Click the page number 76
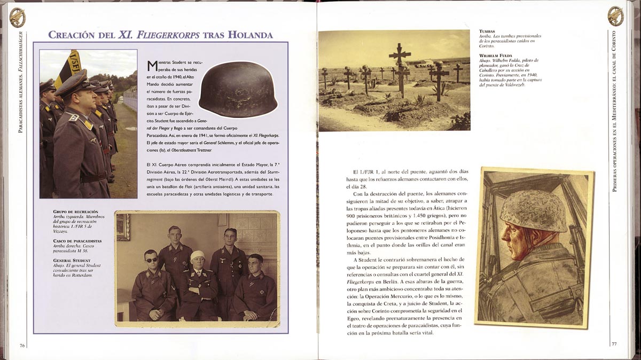22,345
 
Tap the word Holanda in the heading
251,35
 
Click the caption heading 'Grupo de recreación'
73,212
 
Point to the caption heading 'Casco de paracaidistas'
77,241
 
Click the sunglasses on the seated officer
151,260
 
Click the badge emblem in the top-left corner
17,17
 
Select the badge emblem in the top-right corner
615,16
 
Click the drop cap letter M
152,66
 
